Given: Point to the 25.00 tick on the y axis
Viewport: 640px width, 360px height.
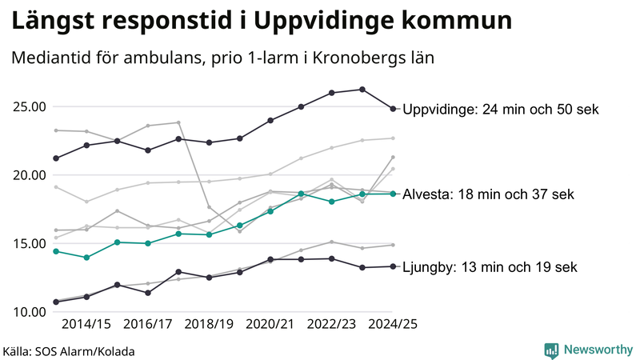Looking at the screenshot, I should (x=30, y=106).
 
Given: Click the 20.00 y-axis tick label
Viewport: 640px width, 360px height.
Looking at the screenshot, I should (x=30, y=175).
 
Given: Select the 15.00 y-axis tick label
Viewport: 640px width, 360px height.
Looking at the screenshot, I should (x=30, y=243).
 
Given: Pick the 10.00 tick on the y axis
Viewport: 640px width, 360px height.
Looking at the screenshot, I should (x=30, y=312).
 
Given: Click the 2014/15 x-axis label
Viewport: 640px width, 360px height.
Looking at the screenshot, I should (x=86, y=325).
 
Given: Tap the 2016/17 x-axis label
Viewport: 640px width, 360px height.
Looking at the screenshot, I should (x=147, y=325).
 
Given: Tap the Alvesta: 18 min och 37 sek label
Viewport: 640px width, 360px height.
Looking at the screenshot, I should (x=488, y=194).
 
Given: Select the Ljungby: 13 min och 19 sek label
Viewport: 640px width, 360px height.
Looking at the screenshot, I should (x=490, y=267).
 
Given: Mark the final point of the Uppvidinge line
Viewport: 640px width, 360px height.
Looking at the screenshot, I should (x=393, y=109).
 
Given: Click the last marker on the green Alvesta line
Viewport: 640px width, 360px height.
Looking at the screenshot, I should (x=393, y=194).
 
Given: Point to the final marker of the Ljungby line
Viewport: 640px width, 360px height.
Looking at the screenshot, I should (x=393, y=266).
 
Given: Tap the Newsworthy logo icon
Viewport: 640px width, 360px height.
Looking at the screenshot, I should (x=551, y=350).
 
